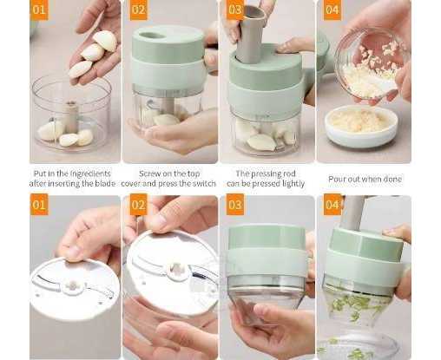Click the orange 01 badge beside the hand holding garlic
point(39,10)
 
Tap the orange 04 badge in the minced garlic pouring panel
point(332,10)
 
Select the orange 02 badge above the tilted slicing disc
point(138,205)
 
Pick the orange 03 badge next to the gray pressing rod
point(234,10)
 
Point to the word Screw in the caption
point(149,173)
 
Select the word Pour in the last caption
point(337,179)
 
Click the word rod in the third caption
point(288,173)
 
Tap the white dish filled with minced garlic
point(361,126)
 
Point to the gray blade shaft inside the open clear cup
point(71,116)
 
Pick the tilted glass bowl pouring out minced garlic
point(372,67)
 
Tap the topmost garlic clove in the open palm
point(105,41)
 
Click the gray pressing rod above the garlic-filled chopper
point(250,33)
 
